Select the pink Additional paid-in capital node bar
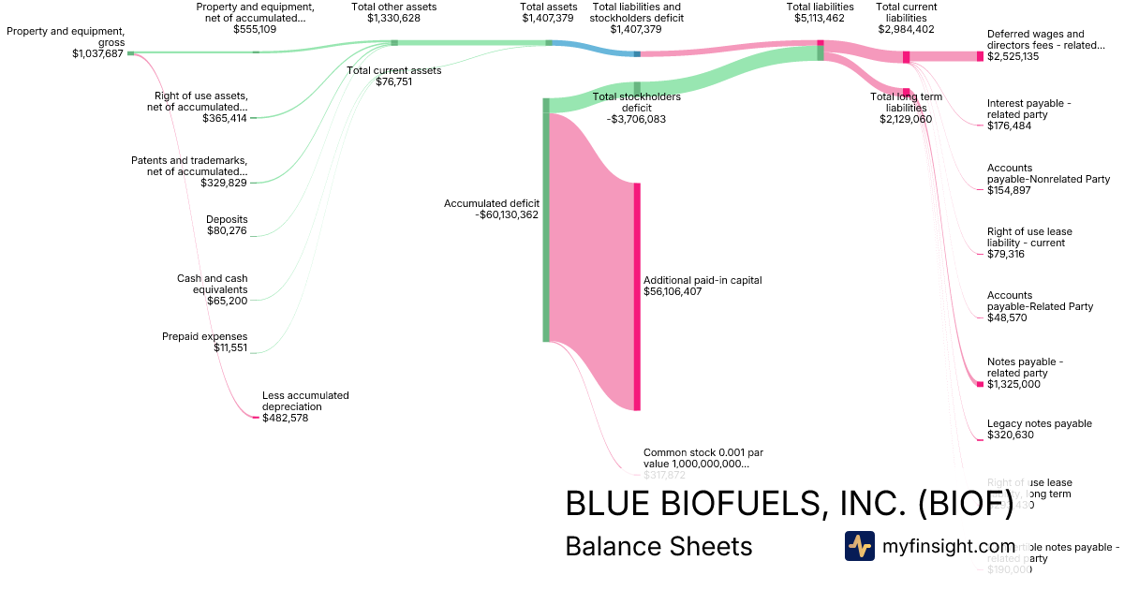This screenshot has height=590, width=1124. pos(637,296)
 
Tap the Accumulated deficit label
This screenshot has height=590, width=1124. pos(492,202)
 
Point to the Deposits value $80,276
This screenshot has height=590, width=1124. pos(227,230)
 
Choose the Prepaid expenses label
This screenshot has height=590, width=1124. pos(204,336)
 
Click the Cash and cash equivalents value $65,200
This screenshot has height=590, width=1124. pos(227,301)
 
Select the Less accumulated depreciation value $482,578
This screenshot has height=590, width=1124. pos(285,418)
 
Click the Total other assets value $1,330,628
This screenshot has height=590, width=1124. pos(393,18)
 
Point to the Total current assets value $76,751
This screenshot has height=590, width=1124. pos(393,81)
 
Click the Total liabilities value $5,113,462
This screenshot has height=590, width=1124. pos(820,18)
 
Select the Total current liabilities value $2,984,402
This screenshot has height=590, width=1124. pos(906,29)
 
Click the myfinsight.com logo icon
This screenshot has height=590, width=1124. pos(859,546)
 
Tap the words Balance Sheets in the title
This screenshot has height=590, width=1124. pos(658,546)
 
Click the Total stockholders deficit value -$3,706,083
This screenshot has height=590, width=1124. pos(636,119)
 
